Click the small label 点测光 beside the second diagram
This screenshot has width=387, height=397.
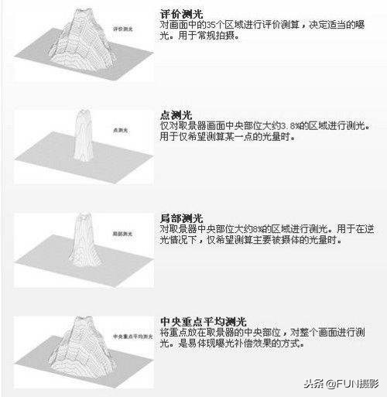pos(120,130)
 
